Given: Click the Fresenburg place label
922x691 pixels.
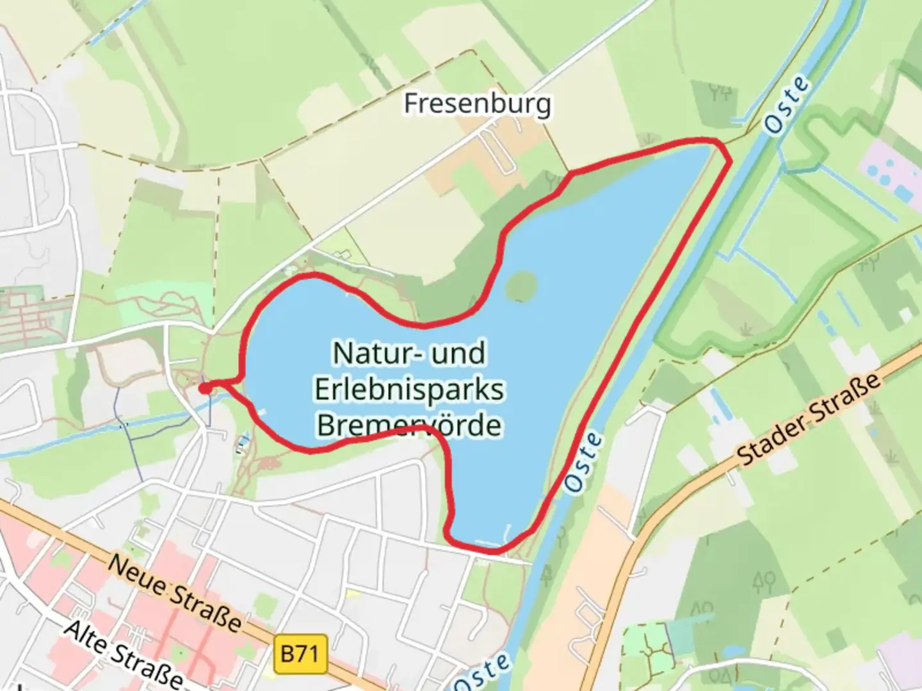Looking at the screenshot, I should pos(477,104).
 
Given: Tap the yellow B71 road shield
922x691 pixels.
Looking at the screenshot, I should pos(300,654).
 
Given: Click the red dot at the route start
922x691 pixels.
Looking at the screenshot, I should pos(205,388).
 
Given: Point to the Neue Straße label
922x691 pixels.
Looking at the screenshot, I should pos(174,592).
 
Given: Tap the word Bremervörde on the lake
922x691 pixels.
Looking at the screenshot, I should pos(409,425).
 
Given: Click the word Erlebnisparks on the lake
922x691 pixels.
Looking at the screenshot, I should pos(409,390).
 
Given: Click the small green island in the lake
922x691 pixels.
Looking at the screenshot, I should pos(521,285).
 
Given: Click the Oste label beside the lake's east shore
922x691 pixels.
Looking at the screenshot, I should pos(584,462).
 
